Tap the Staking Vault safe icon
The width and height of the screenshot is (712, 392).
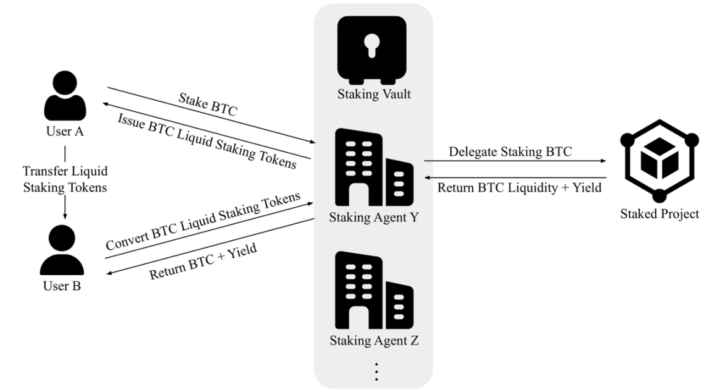[x=372, y=50]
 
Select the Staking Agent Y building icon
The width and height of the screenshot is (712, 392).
[x=374, y=167]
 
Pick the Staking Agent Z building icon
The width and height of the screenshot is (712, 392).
[x=374, y=290]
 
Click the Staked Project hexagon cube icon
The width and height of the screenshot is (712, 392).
[x=659, y=160]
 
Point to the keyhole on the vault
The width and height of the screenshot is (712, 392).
[x=372, y=46]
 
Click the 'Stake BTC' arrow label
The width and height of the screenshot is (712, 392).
[x=208, y=104]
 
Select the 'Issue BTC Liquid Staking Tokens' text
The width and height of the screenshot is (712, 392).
[x=207, y=141]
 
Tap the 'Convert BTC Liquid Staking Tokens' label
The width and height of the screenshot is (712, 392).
[x=203, y=221]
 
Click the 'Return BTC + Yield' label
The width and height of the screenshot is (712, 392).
[x=203, y=261]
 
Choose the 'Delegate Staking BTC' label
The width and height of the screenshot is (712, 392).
[x=510, y=151]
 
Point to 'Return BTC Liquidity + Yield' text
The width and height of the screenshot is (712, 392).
[x=519, y=187]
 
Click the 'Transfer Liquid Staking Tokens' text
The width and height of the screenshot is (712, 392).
[x=65, y=179]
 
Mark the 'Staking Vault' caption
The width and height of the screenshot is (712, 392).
[x=374, y=94]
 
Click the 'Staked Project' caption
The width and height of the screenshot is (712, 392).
[x=659, y=214]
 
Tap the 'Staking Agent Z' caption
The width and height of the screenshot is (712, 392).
[x=374, y=340]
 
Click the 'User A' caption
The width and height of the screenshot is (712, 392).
[x=65, y=131]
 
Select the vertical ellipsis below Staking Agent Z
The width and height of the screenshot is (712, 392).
[x=376, y=372]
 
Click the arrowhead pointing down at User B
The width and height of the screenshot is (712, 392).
[x=65, y=216]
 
